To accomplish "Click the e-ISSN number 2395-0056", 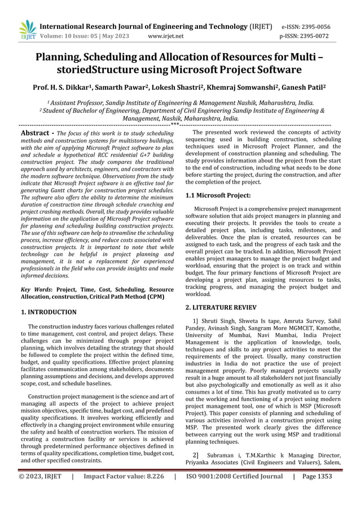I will (316, 27).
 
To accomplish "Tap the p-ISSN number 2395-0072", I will (316, 36).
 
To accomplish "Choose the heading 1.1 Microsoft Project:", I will (218, 195).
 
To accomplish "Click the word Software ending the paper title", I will (277, 70).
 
